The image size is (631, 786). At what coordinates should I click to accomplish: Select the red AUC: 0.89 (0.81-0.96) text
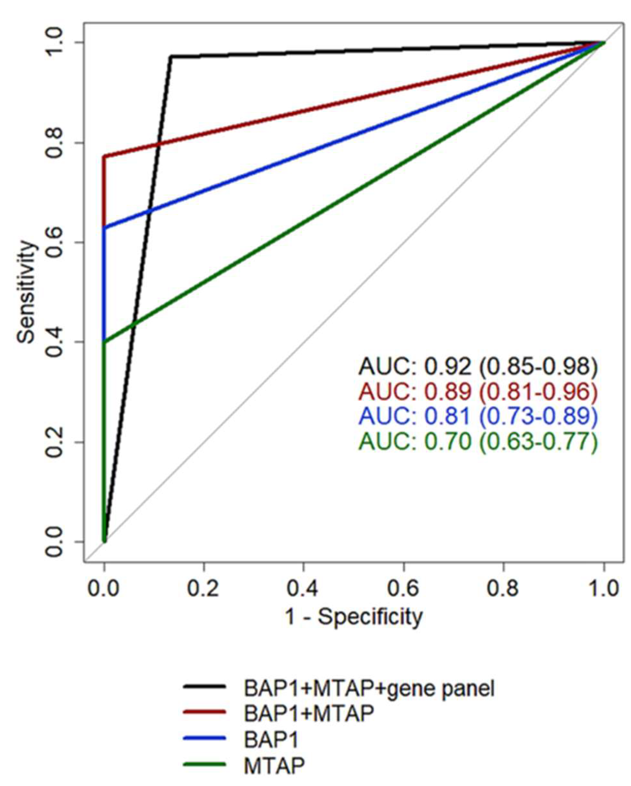click(478, 392)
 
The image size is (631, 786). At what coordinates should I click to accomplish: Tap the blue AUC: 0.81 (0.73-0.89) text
click(478, 416)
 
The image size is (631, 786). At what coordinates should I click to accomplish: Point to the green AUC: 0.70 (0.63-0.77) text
click(478, 442)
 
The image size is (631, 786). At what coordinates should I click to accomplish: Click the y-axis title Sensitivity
click(27, 292)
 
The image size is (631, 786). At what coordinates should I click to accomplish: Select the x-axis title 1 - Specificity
click(354, 617)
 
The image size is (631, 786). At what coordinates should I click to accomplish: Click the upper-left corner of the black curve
click(170, 56)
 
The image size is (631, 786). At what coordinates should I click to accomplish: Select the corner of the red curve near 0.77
click(104, 156)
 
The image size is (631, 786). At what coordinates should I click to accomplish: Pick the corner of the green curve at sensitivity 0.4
click(104, 342)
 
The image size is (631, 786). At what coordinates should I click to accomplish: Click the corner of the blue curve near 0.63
click(104, 228)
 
